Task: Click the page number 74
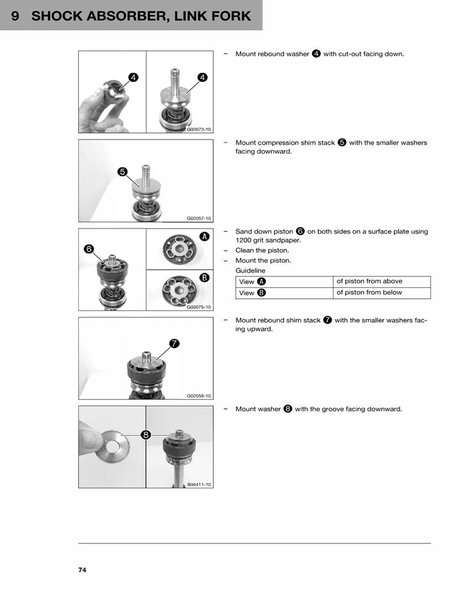[82, 570]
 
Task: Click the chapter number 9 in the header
[15, 16]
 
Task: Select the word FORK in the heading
[227, 16]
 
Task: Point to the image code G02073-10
[199, 129]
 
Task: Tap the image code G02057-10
[199, 218]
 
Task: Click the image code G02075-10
[199, 307]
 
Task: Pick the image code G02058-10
[199, 396]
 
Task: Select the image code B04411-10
[199, 484]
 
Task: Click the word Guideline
[250, 271]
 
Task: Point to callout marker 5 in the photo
[123, 172]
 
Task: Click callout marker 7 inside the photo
[174, 344]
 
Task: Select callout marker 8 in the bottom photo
[146, 435]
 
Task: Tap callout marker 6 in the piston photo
[89, 248]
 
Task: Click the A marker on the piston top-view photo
[204, 236]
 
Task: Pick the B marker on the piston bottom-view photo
[204, 278]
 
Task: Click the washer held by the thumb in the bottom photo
[113, 448]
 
